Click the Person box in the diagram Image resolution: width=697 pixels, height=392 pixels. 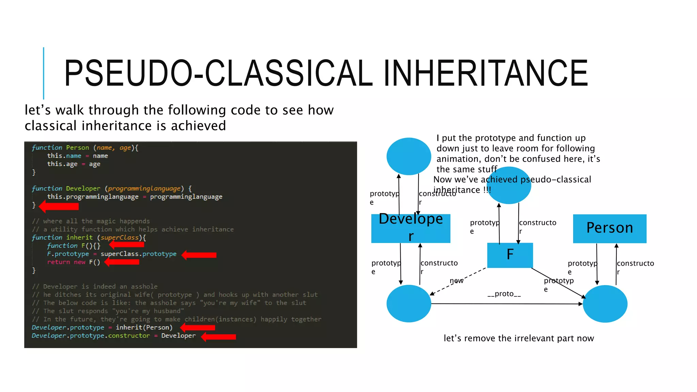point(610,228)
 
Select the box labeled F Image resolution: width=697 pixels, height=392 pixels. point(510,255)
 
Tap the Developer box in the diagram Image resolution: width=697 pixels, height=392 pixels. point(410,228)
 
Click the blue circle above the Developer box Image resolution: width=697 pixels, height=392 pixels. point(409,156)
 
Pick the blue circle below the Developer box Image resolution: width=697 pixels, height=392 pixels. point(409,304)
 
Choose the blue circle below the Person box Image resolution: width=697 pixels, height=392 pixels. point(605,304)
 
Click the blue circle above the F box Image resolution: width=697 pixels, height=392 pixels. point(509,186)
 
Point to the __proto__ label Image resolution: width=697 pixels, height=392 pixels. point(504,294)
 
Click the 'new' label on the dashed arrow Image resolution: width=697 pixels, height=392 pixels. point(456,281)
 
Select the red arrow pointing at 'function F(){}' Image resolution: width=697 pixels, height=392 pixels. point(127,244)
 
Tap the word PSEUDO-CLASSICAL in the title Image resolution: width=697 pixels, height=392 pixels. point(218,73)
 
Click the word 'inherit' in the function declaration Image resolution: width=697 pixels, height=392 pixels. point(79,238)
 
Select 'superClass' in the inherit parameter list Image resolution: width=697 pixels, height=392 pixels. point(119,238)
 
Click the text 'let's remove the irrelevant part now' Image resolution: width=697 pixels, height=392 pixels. point(519,338)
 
